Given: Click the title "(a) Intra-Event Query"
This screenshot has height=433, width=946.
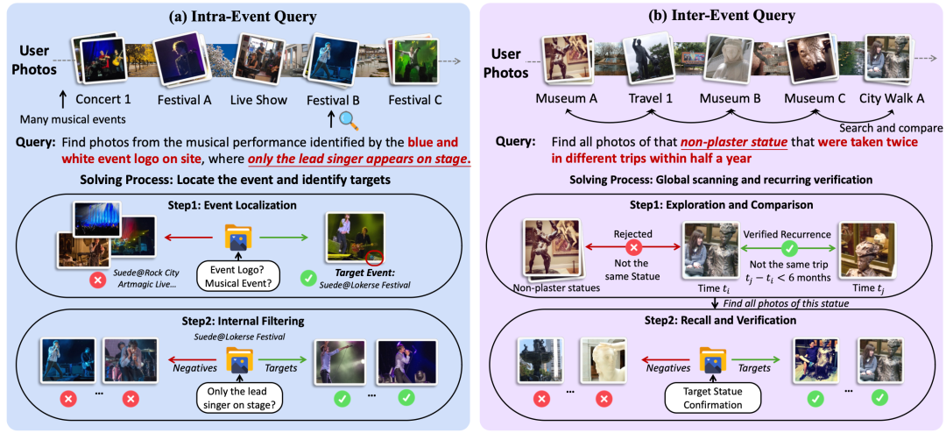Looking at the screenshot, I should pyautogui.click(x=236, y=14).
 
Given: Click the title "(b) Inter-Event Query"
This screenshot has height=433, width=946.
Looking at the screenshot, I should pyautogui.click(x=709, y=14).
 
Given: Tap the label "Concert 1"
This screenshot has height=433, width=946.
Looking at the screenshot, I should pyautogui.click(x=102, y=100).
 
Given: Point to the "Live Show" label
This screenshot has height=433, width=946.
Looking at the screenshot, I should pyautogui.click(x=259, y=100).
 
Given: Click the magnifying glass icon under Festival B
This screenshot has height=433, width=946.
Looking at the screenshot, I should pyautogui.click(x=349, y=120).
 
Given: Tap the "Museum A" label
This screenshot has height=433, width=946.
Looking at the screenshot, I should pyautogui.click(x=566, y=99).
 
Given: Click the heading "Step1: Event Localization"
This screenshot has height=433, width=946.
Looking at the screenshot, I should pyautogui.click(x=236, y=205).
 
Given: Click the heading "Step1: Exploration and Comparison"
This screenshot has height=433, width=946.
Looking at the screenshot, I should pyautogui.click(x=709, y=205).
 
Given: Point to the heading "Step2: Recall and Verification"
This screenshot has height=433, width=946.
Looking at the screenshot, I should pyautogui.click(x=709, y=320).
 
